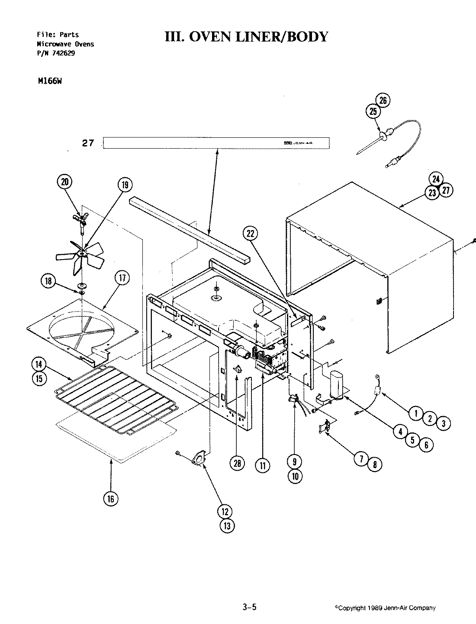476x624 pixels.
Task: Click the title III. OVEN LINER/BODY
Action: coord(246,37)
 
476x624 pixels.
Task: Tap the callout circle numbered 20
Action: coord(65,182)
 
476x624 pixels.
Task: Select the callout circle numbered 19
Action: coord(125,185)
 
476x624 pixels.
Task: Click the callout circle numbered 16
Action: coord(111,499)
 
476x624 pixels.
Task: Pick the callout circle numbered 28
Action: coord(238,464)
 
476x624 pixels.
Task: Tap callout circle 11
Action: coord(262,466)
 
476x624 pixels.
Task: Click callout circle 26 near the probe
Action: coord(383,101)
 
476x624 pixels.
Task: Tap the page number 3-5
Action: coord(250,608)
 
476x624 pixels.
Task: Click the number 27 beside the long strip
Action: coord(88,143)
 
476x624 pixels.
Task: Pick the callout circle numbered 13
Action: coord(227,526)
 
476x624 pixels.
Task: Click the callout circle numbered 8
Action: coord(375,465)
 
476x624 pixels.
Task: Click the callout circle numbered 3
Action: coord(443,423)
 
